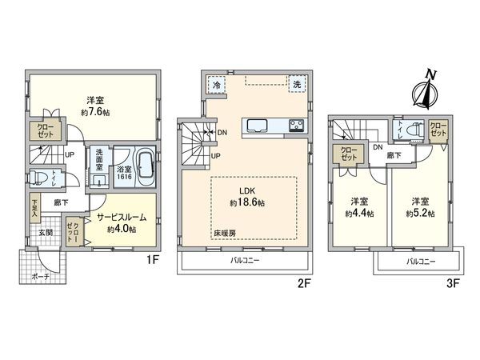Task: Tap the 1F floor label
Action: click(x=150, y=258)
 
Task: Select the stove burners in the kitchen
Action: click(x=294, y=125)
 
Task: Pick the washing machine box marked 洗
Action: click(x=296, y=85)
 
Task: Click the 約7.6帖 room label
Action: click(x=93, y=106)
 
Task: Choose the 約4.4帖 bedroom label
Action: click(x=354, y=207)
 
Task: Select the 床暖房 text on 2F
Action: click(x=225, y=234)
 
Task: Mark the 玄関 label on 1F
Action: click(x=46, y=233)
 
